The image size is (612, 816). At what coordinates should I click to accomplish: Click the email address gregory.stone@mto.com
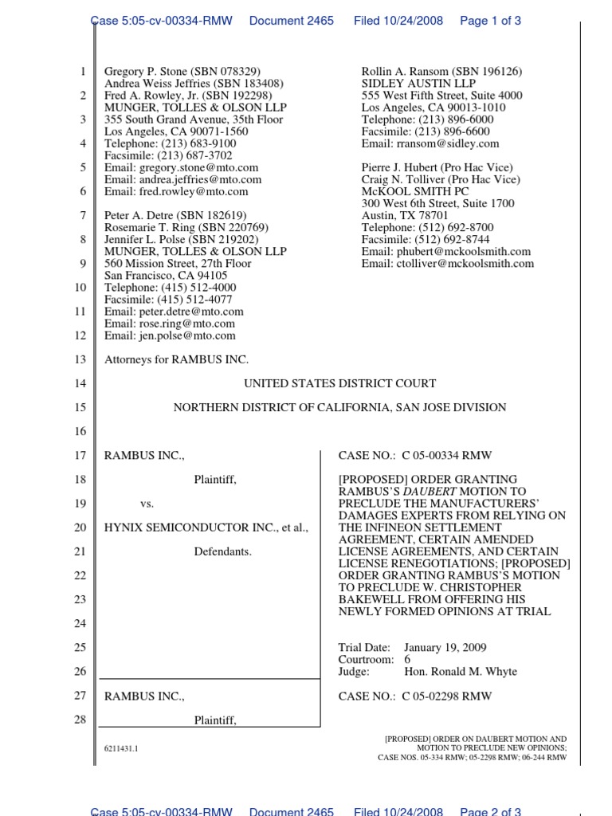[x=198, y=167]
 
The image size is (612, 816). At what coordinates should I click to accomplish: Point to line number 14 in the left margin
[x=80, y=383]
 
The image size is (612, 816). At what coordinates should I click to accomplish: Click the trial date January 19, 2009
[x=445, y=648]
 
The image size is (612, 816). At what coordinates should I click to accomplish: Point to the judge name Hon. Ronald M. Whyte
[x=461, y=672]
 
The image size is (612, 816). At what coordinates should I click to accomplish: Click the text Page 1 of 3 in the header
[x=490, y=21]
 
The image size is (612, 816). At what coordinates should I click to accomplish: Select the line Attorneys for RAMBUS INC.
[x=176, y=359]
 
